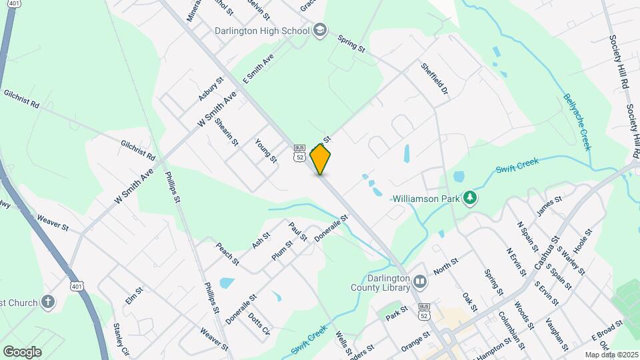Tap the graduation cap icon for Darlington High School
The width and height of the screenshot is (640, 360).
click(320, 30)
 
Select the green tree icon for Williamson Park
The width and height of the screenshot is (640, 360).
click(470, 198)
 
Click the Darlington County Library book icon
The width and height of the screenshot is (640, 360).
click(420, 282)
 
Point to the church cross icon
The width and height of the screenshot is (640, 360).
click(47, 302)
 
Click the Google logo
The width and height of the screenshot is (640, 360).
click(22, 351)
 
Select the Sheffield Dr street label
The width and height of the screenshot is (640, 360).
click(434, 81)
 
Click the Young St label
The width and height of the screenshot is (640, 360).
click(266, 151)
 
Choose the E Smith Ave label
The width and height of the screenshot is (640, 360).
click(259, 69)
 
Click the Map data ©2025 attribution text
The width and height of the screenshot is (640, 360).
click(611, 355)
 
